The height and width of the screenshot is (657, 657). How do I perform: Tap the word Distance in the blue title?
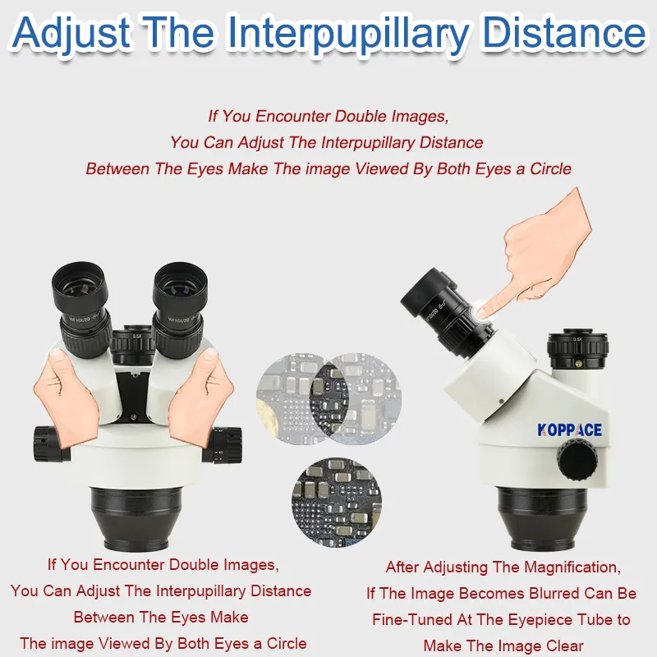tap(564, 33)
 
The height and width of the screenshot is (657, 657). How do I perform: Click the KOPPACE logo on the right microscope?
tap(569, 430)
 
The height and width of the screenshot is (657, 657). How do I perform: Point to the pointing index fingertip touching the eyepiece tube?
tap(483, 311)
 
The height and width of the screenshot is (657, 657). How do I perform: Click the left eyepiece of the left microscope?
tap(81, 310)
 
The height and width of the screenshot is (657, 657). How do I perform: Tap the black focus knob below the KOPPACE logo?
tap(577, 461)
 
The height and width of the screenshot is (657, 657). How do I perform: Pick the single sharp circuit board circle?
tap(337, 503)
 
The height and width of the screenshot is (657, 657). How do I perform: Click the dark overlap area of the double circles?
tap(329, 398)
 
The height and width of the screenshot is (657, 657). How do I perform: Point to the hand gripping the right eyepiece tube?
tap(200, 397)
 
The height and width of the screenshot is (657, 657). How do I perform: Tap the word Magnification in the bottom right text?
tap(572, 567)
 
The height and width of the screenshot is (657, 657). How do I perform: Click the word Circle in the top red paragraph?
tap(550, 169)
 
